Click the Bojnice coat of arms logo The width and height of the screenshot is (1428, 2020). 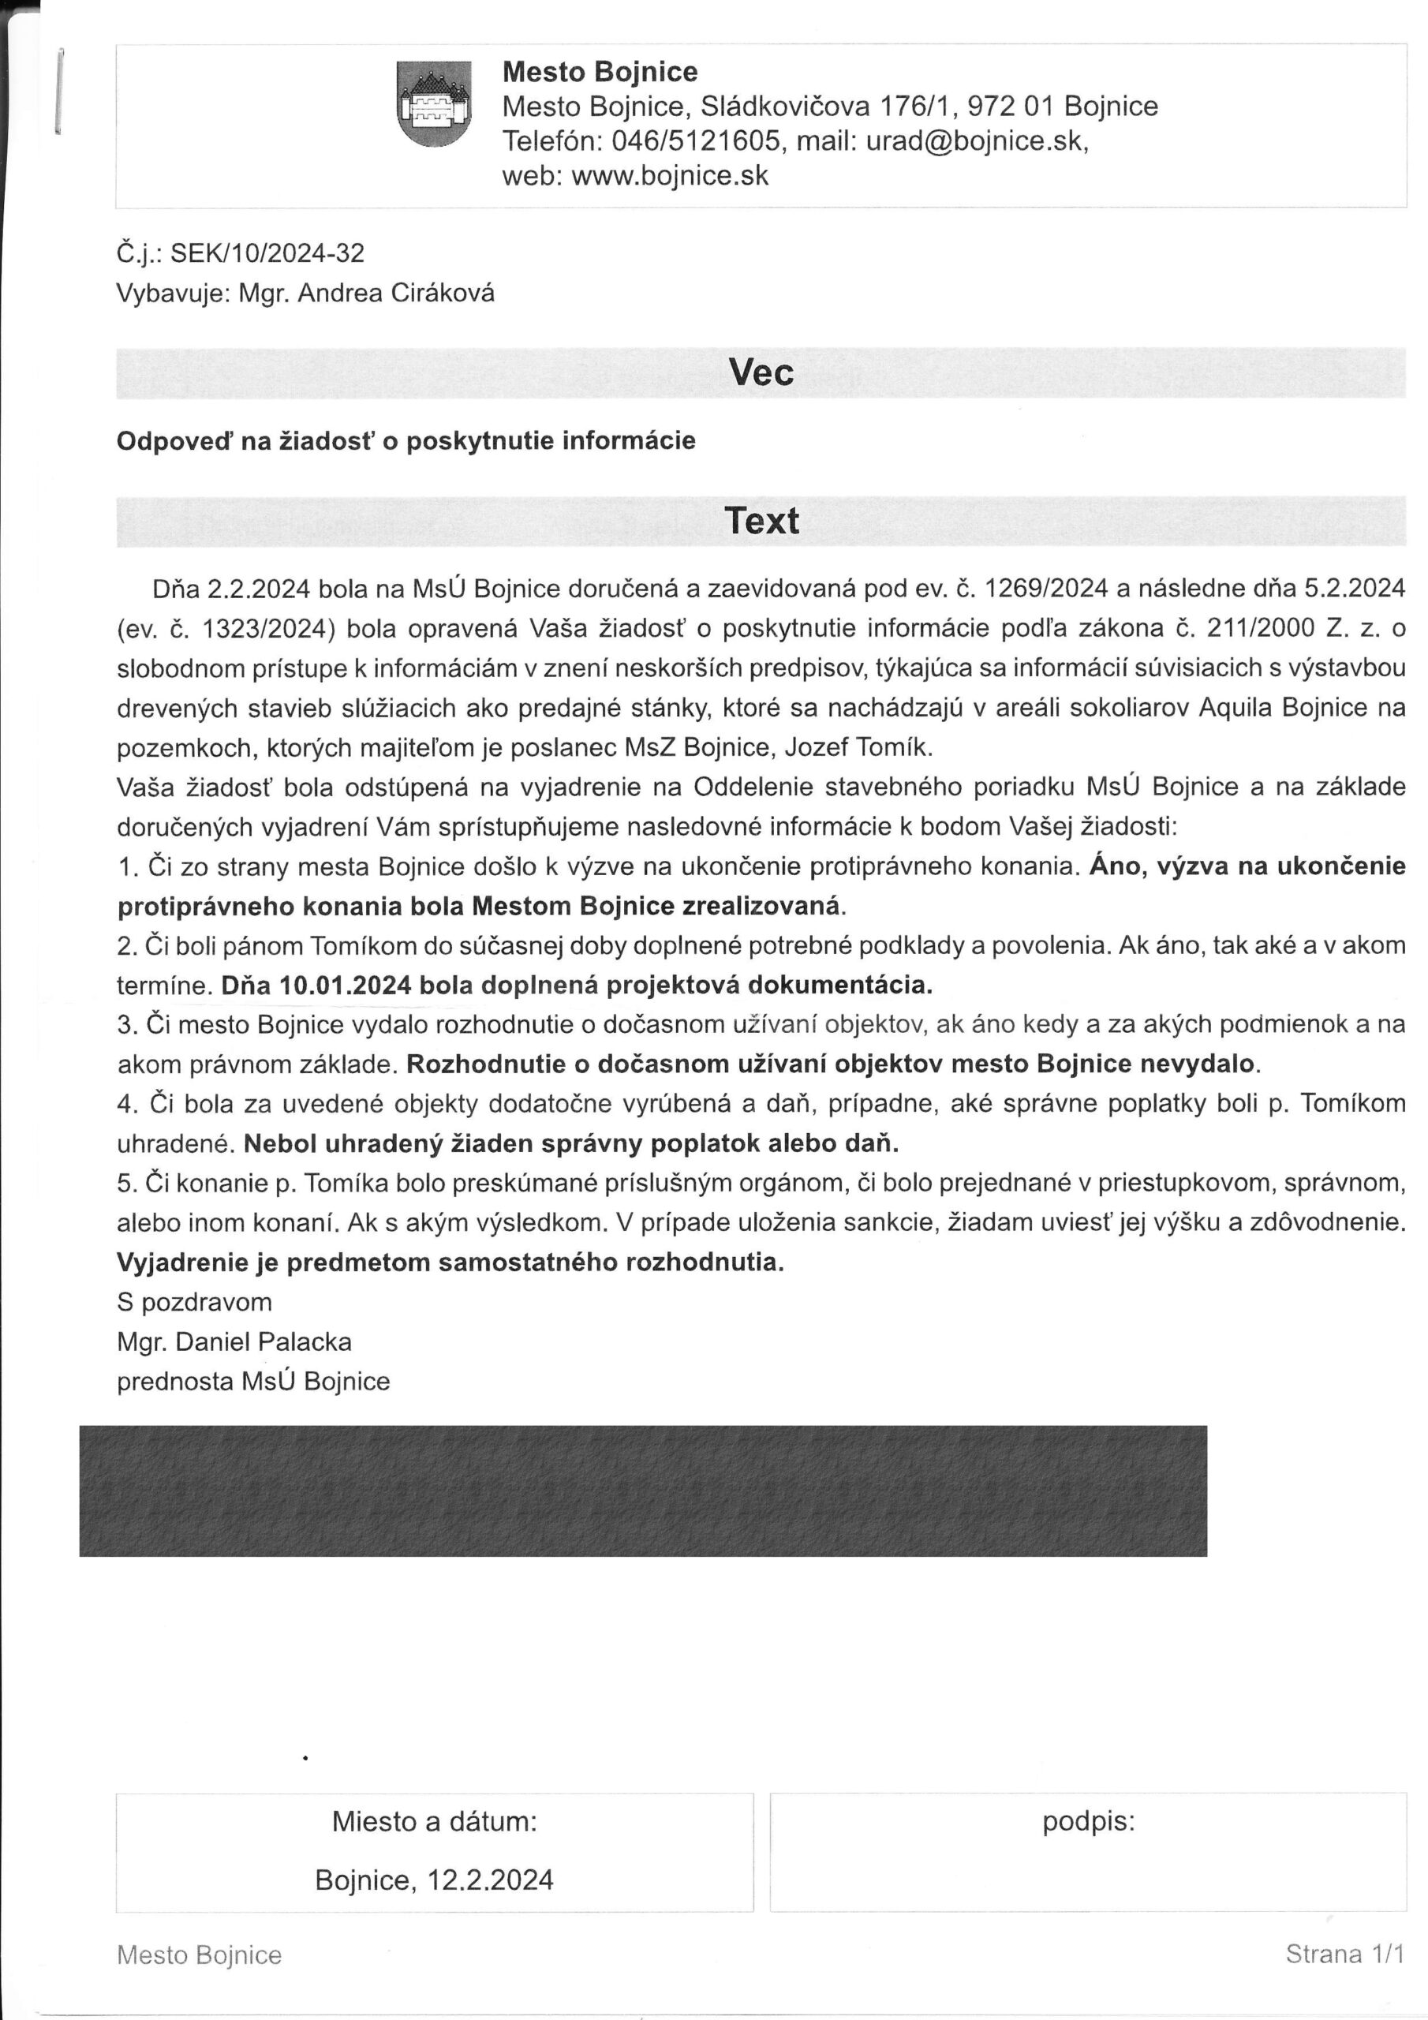point(434,104)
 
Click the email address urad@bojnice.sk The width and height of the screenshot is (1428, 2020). point(976,140)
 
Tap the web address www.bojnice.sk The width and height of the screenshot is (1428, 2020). point(670,176)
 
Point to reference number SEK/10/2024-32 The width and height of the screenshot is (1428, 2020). point(267,254)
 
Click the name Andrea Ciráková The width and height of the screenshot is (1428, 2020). point(396,294)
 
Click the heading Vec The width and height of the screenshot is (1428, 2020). point(761,373)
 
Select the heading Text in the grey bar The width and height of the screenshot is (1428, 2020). point(761,521)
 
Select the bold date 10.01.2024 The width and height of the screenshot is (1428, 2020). point(345,986)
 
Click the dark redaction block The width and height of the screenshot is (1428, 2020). point(642,1491)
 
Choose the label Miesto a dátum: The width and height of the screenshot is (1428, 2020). point(434,1821)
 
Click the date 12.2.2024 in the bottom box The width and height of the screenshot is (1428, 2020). point(490,1880)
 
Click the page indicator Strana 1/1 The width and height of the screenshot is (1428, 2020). point(1344,1954)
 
